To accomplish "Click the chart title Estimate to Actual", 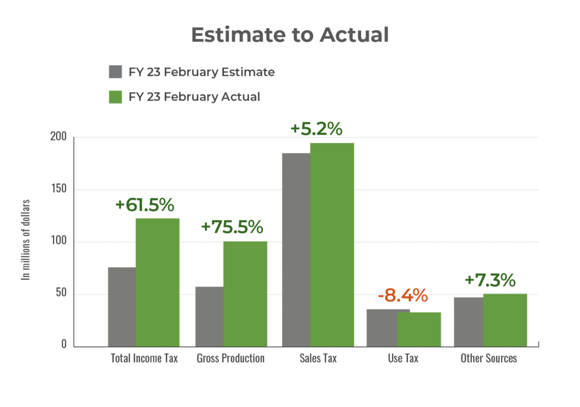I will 290,35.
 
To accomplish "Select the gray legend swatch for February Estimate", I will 116,72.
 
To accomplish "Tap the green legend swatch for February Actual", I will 116,97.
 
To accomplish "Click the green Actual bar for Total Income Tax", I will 158,282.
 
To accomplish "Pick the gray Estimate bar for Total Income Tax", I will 121,306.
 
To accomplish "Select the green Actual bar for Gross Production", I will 245,293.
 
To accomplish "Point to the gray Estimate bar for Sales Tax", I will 295,249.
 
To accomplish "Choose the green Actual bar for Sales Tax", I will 332,244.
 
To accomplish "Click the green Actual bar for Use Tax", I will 419,329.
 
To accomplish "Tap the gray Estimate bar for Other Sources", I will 468,321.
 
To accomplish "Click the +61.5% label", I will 145,205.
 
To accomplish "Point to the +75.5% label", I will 232,227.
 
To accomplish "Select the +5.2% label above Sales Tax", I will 316,129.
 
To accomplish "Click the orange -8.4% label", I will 402,296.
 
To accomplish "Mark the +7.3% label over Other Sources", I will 490,280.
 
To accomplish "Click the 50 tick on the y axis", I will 61,294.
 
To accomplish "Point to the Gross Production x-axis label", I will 231,359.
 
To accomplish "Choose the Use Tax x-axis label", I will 403,359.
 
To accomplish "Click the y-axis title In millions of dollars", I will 27,239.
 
